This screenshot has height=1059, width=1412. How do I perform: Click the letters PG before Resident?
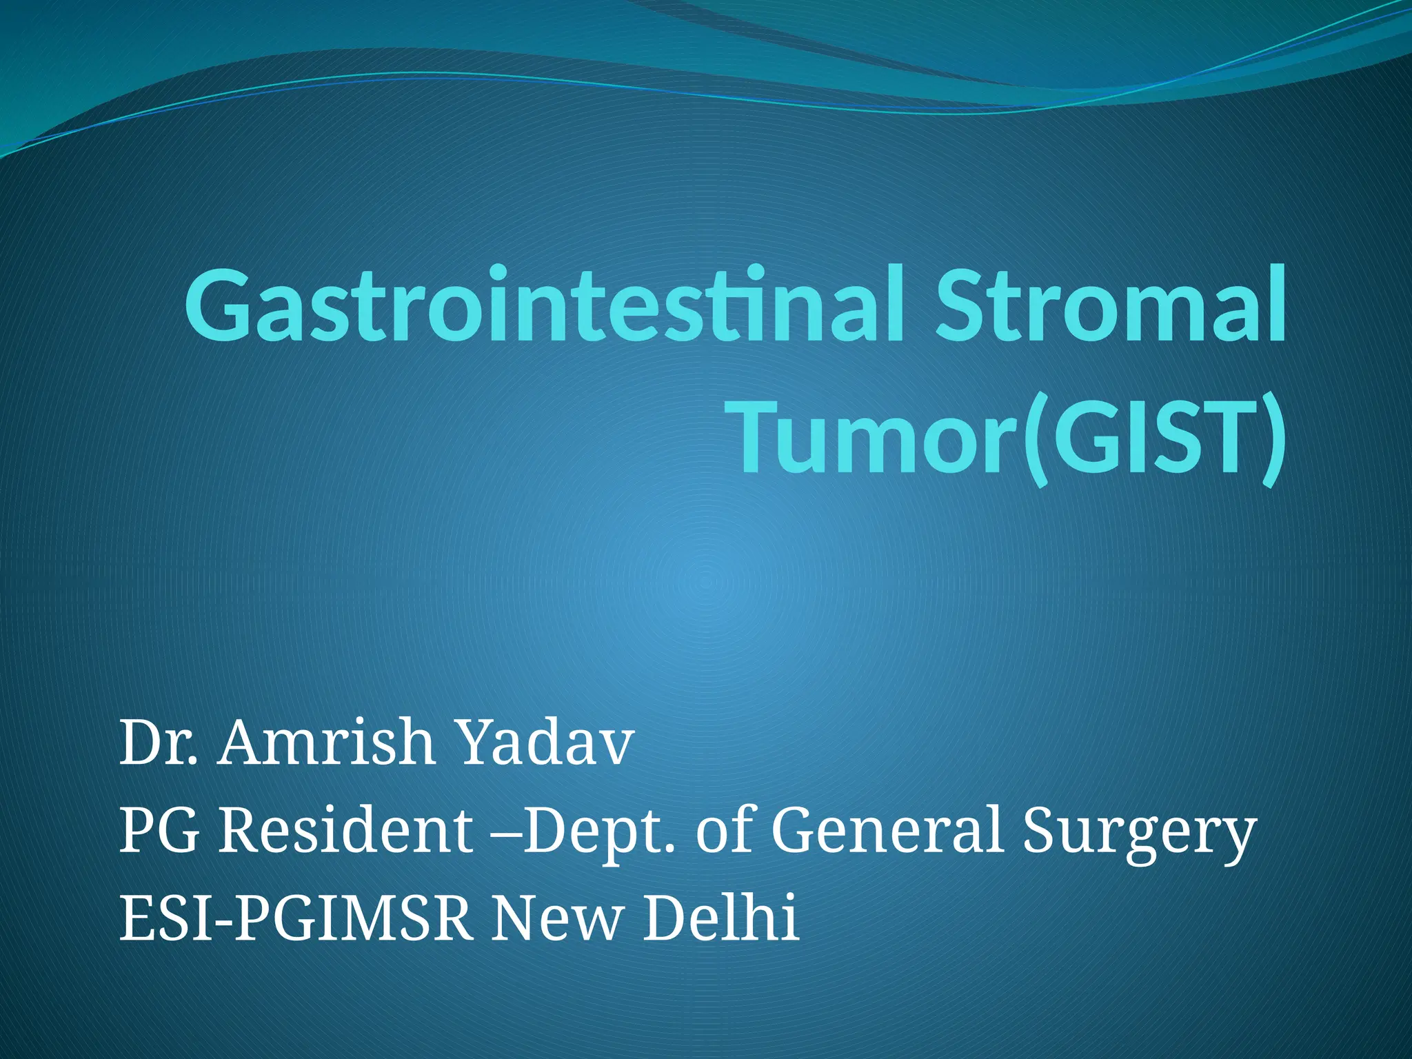coord(159,831)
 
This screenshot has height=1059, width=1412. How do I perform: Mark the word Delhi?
coord(721,917)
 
